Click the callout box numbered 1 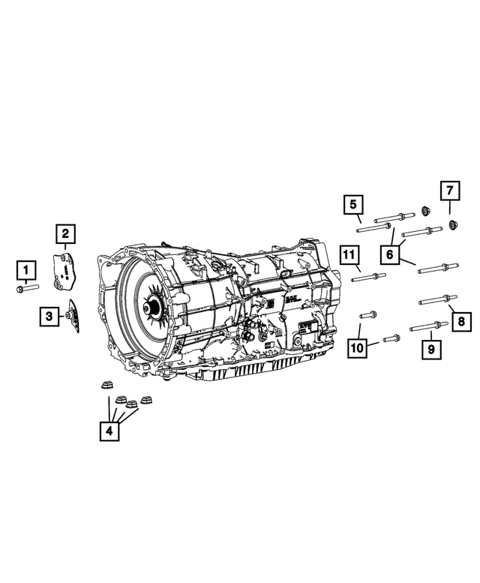pos(26,269)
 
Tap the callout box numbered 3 pos(49,317)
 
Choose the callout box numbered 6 pos(389,254)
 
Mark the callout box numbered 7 pos(448,191)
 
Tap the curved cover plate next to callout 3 pos(73,317)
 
